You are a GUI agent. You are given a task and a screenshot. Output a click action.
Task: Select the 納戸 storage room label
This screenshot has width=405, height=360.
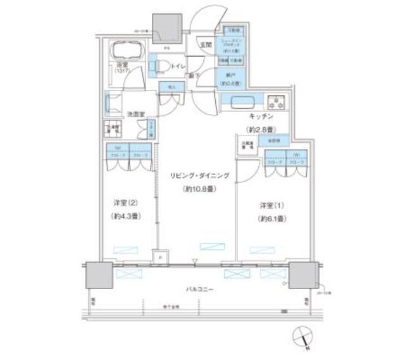click(x=228, y=75)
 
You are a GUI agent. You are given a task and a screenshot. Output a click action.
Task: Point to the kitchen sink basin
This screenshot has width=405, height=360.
click(x=241, y=102)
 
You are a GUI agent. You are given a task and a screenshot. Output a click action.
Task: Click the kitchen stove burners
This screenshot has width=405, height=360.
click(x=277, y=101)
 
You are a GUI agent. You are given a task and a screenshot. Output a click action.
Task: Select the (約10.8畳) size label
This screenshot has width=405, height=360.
click(x=199, y=189)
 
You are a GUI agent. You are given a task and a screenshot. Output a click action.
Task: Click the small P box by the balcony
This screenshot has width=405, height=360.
click(x=159, y=259)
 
